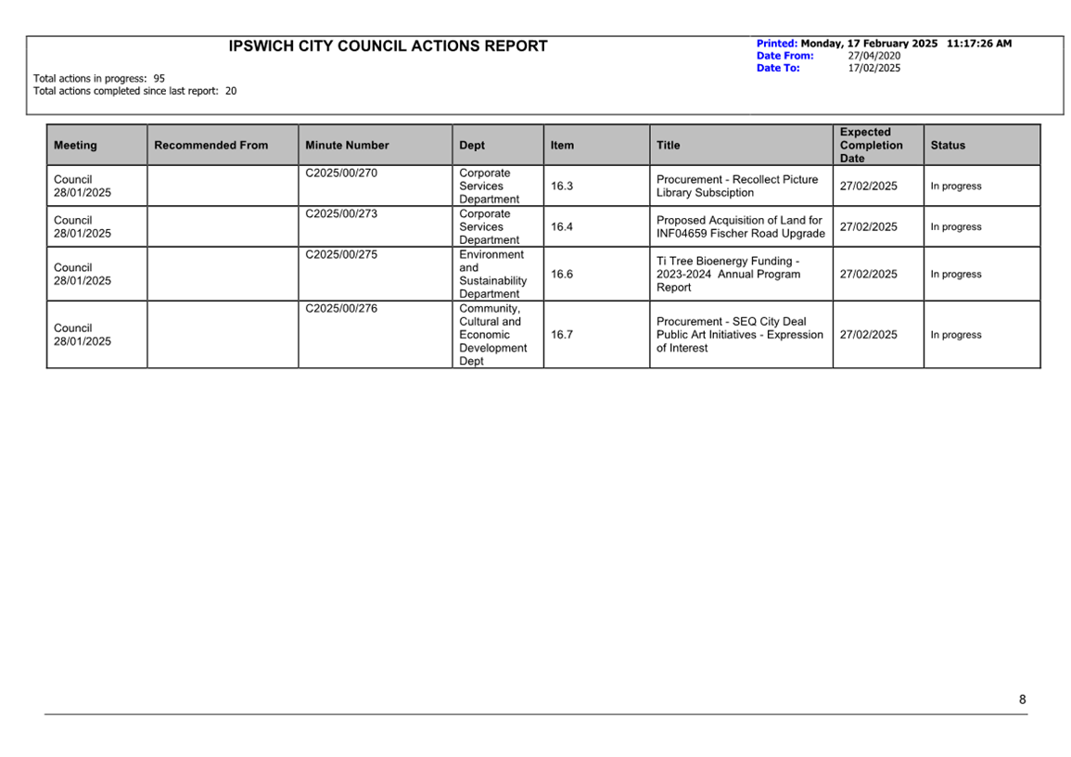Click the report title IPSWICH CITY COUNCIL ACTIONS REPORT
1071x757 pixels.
click(388, 46)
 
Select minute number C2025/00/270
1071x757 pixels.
click(341, 173)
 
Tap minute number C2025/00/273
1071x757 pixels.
click(341, 214)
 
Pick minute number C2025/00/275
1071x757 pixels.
click(341, 255)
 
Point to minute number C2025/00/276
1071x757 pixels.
click(341, 309)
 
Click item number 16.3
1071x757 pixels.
click(562, 186)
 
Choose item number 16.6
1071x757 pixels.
click(562, 275)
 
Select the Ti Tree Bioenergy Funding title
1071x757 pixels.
click(728, 275)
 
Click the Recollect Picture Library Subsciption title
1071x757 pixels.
click(737, 186)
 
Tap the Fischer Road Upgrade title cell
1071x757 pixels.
click(740, 227)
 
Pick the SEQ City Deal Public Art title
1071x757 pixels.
click(739, 335)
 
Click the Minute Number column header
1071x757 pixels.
click(347, 146)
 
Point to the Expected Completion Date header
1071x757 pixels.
click(871, 146)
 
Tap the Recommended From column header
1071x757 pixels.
click(210, 146)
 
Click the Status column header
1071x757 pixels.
click(948, 146)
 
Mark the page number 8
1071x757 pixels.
click(1023, 700)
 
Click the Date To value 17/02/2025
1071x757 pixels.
click(873, 68)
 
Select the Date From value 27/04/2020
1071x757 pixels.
click(873, 56)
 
